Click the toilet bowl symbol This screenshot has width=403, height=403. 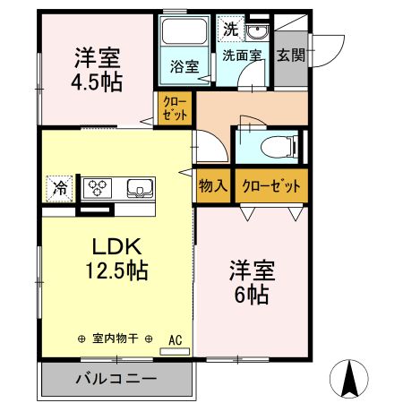point(279,147)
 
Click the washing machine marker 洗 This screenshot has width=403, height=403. point(231,29)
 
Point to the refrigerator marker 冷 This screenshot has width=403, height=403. point(60,189)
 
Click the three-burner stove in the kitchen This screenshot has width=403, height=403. point(98,188)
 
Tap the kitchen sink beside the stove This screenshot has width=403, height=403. point(140,188)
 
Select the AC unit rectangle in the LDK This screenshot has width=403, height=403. point(175,352)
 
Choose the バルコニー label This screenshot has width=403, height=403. point(116,379)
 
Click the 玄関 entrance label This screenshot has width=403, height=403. point(291,56)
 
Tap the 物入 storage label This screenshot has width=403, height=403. point(213,185)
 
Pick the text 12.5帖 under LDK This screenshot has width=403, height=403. point(117,270)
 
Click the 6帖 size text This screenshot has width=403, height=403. point(252,295)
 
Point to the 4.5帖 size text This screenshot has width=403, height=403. point(97,82)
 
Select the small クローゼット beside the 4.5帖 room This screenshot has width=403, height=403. point(175,108)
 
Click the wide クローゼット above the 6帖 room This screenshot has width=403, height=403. point(271,185)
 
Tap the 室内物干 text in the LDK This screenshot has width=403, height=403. point(115,339)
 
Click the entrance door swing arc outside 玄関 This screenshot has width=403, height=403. point(337,56)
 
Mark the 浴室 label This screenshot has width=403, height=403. point(184,66)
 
